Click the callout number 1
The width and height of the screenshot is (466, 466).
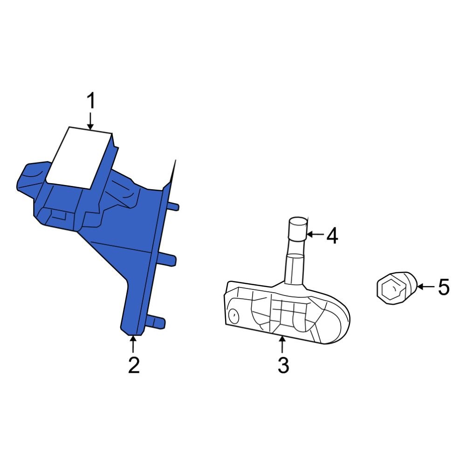(91, 101)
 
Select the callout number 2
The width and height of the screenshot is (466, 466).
(134, 365)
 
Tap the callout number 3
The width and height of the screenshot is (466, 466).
(283, 365)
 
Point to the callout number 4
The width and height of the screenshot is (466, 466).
(332, 236)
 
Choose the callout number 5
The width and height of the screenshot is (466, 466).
(444, 287)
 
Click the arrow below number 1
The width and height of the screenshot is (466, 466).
(90, 121)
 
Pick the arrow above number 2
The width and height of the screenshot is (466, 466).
(133, 344)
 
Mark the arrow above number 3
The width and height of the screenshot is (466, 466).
(282, 344)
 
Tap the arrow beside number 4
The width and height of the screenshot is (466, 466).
(315, 234)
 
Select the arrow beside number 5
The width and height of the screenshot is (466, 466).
(425, 287)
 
